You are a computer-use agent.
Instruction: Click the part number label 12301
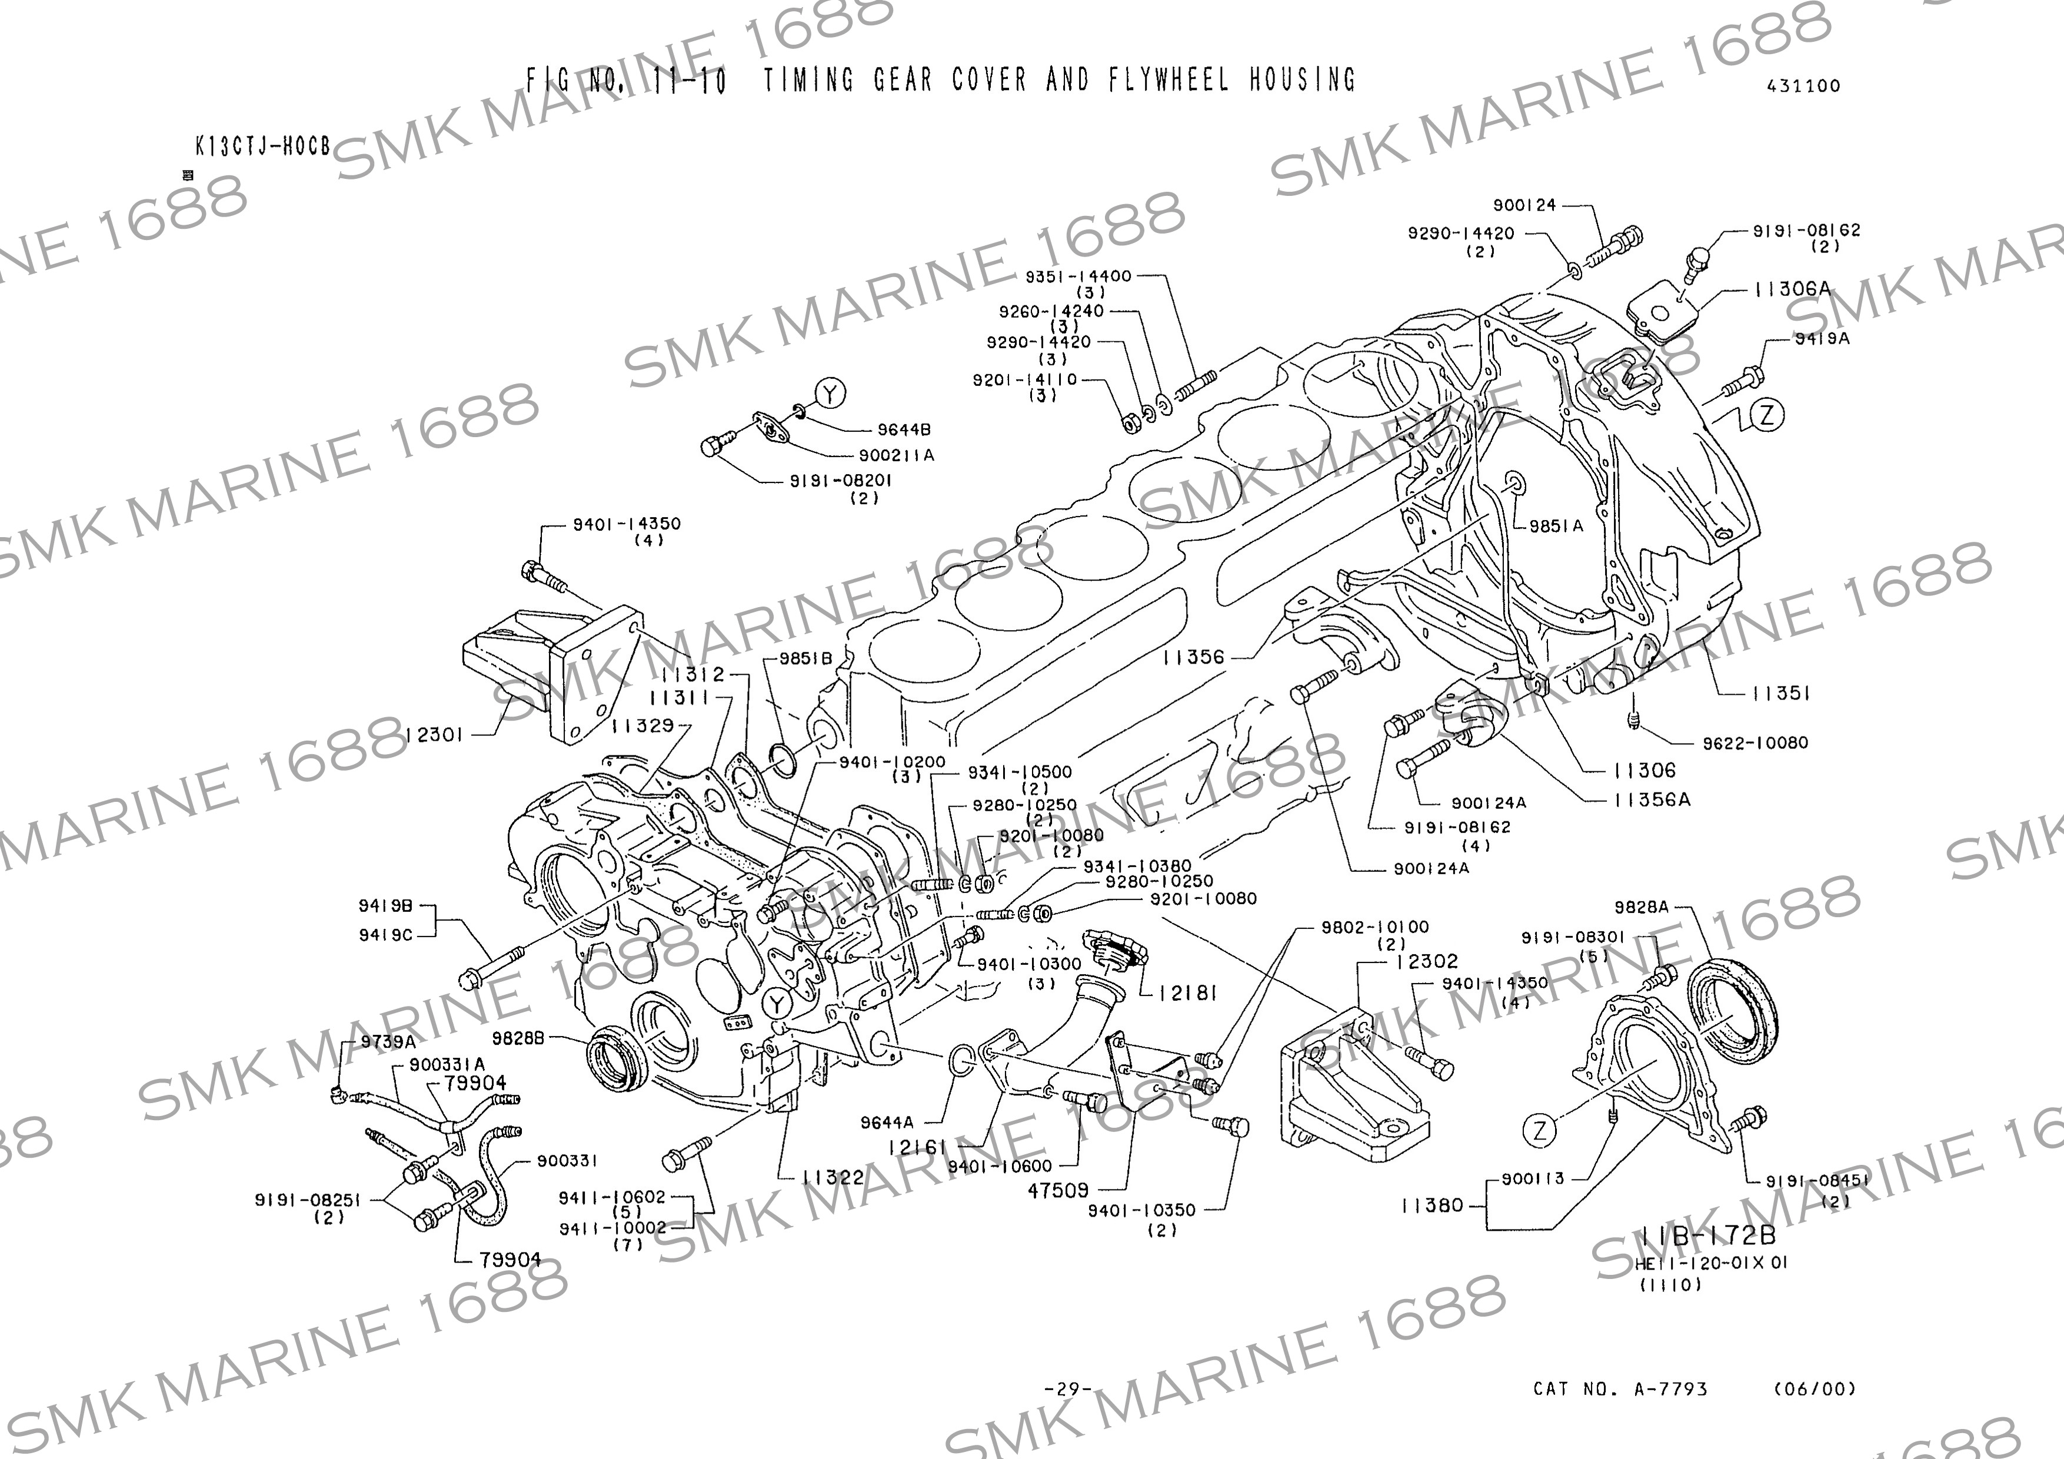tap(434, 734)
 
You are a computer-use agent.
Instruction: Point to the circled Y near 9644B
tap(831, 393)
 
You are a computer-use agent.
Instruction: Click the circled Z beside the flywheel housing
tap(1768, 415)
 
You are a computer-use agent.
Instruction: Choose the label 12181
tap(1187, 992)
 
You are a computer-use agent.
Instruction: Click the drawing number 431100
tap(1803, 86)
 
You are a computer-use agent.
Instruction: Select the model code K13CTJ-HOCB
tap(262, 146)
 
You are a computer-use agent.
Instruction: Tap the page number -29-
tap(1067, 1389)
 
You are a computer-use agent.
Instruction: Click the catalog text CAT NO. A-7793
tap(1620, 1389)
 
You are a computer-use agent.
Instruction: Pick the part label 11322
tap(833, 1177)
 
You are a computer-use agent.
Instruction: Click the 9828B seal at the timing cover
tap(617, 1061)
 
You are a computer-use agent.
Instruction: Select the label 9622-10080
tap(1755, 742)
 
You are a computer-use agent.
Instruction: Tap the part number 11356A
tap(1652, 799)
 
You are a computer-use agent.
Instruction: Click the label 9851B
tap(805, 658)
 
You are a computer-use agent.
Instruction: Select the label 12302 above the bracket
tap(1427, 961)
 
